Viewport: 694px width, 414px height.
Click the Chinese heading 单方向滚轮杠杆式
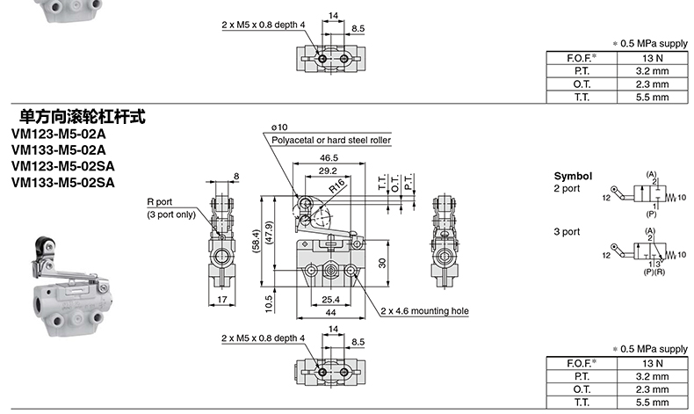tap(82, 116)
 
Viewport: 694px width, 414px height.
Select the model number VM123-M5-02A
tap(59, 134)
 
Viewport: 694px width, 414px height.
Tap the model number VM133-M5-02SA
tap(63, 183)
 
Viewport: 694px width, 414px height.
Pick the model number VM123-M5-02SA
tap(63, 166)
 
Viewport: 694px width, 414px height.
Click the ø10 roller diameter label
tap(279, 127)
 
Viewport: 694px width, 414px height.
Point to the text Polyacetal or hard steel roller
tap(331, 141)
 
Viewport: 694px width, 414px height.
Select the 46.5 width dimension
tap(329, 157)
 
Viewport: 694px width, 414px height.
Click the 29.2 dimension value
tap(328, 171)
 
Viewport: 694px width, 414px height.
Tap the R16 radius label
tap(337, 186)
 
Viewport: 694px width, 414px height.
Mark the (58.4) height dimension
tap(256, 242)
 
